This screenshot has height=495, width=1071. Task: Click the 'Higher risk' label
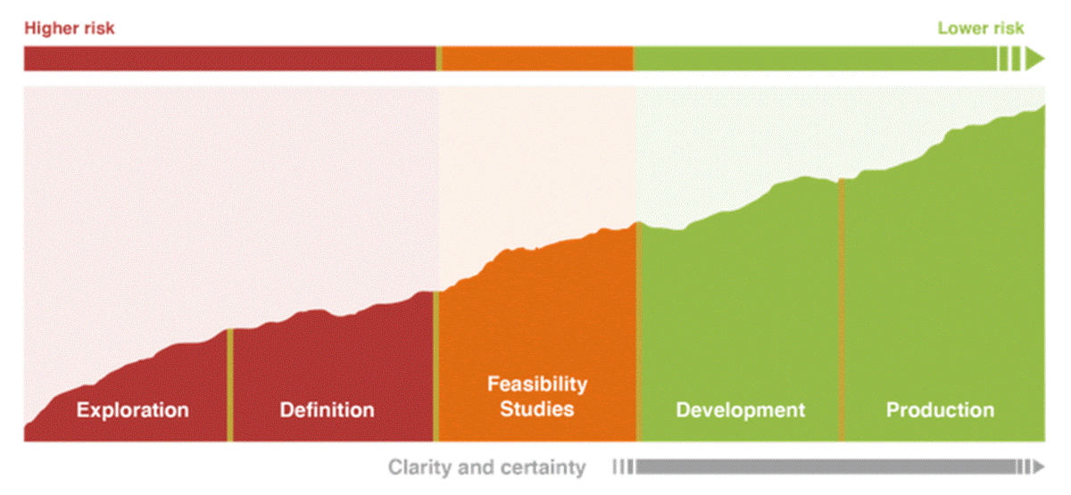(70, 29)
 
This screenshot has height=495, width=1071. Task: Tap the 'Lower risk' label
(981, 29)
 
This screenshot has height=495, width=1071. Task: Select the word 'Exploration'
(133, 410)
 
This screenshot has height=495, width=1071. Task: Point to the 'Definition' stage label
(327, 410)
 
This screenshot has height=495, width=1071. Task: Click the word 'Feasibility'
(537, 384)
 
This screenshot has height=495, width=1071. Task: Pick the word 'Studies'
(537, 409)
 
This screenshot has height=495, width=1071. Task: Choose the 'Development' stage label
(740, 410)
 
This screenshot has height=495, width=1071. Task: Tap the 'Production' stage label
(940, 410)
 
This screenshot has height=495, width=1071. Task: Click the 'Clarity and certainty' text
(486, 467)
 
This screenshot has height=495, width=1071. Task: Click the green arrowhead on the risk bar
(1034, 59)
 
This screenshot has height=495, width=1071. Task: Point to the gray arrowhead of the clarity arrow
(1038, 466)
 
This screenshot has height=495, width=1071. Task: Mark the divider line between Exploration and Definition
(229, 384)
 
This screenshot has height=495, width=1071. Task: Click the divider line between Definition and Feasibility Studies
(436, 366)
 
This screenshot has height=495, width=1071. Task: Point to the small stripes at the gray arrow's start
(623, 466)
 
